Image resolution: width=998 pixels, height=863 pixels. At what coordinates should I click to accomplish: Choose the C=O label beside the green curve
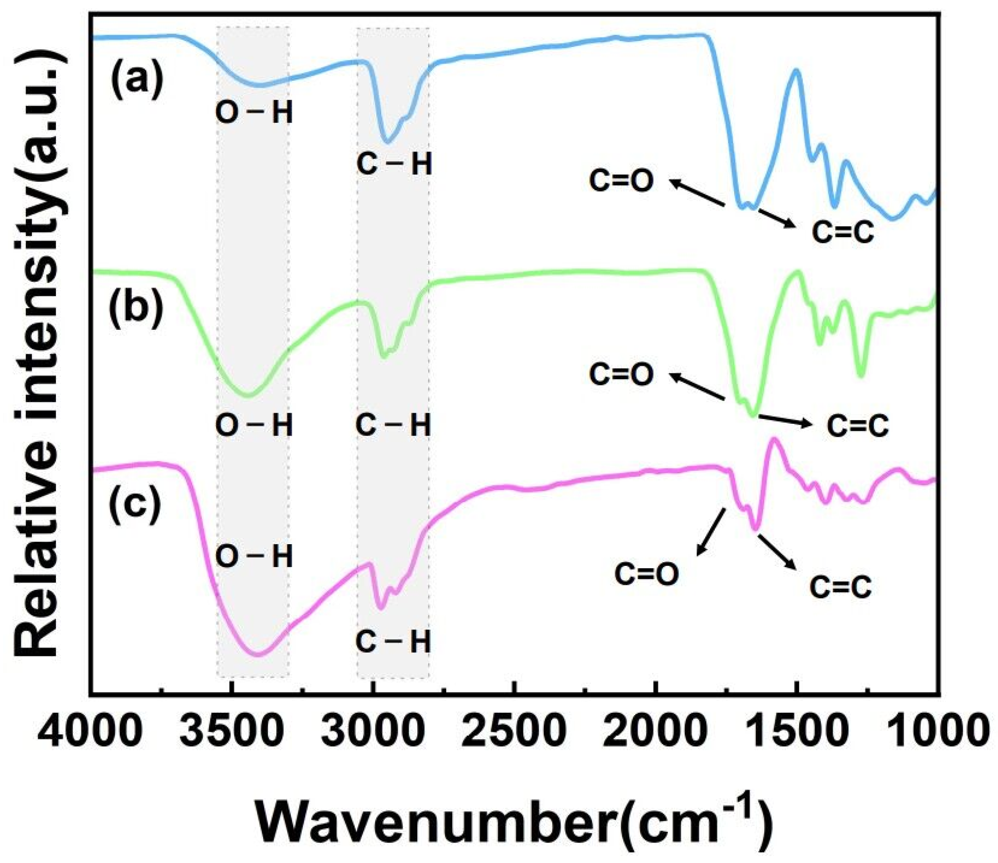click(621, 375)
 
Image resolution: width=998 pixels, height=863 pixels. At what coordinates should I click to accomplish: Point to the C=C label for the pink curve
click(840, 587)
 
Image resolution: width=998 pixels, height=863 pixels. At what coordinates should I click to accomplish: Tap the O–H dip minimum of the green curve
click(249, 396)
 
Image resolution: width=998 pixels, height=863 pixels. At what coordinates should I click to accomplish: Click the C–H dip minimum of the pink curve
click(380, 608)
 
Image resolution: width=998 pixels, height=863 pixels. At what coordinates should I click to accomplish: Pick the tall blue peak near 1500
click(796, 71)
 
